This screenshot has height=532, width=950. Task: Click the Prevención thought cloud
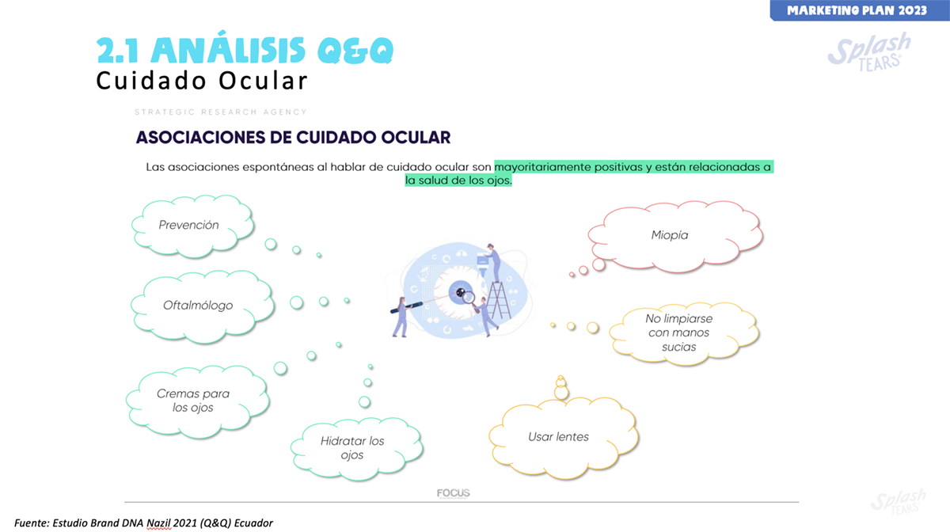point(193,226)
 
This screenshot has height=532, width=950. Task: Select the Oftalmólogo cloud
point(203,306)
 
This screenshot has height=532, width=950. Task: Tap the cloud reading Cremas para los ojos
point(197,401)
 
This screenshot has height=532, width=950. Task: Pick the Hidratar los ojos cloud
point(357,449)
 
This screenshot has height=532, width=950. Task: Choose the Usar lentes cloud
point(564,438)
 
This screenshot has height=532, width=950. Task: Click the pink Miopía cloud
point(675,236)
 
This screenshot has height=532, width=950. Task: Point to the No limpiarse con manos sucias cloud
point(684,333)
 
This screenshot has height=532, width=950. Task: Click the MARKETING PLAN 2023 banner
point(859,10)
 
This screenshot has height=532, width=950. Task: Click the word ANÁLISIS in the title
point(228,50)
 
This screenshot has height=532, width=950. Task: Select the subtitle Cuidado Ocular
point(202,81)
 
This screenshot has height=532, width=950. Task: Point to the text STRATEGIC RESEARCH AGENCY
point(221,112)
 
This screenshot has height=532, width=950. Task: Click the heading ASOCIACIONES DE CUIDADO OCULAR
point(293,138)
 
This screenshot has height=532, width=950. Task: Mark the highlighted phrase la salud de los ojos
point(458,180)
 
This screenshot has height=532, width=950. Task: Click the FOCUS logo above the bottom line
point(454,493)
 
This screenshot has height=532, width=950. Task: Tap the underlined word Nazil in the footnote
point(158,523)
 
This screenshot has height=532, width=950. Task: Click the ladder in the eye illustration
point(499,300)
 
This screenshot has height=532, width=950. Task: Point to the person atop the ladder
point(493,263)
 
